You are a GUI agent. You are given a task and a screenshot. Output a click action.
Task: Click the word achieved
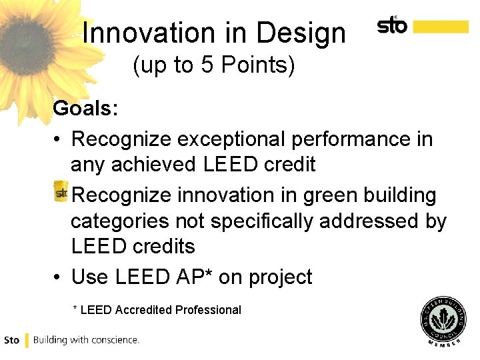(x=153, y=165)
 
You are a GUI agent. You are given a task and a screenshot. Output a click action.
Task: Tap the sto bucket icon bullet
(x=61, y=191)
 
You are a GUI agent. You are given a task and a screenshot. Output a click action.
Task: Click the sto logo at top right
(x=393, y=26)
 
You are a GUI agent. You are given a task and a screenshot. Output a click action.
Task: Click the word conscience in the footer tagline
(x=115, y=340)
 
